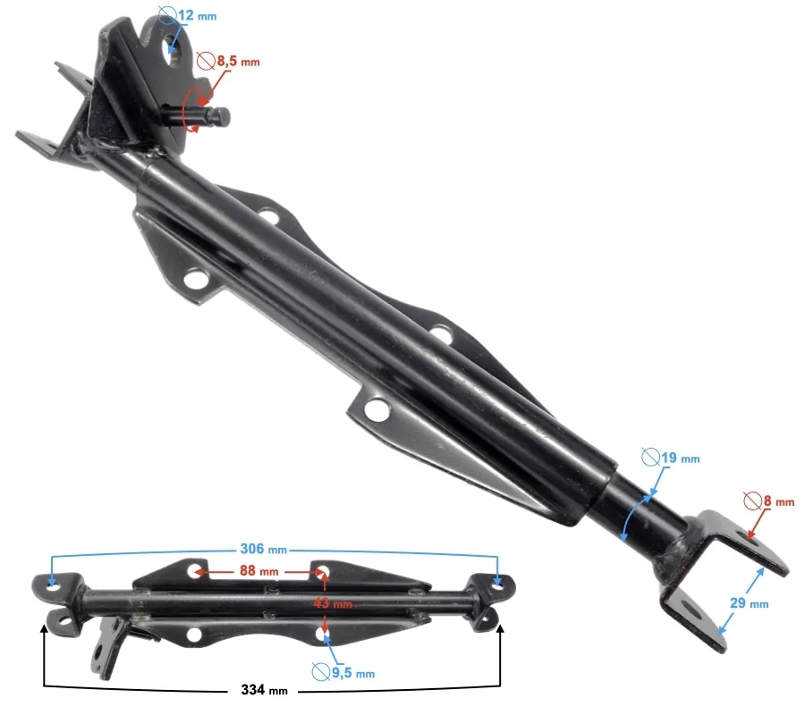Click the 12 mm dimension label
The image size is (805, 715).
[x=198, y=15]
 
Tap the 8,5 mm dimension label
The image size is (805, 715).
[x=238, y=61]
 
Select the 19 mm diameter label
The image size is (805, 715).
[x=681, y=458]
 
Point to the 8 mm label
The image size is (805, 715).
[x=779, y=500]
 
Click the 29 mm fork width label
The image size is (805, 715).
[x=749, y=602]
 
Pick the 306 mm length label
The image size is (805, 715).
[x=263, y=549]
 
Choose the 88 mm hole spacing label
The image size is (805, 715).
[x=258, y=570]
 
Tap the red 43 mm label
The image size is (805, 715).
[x=333, y=603]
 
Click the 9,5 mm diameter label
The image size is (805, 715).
[x=353, y=672]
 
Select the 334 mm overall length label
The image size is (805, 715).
[x=264, y=689]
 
